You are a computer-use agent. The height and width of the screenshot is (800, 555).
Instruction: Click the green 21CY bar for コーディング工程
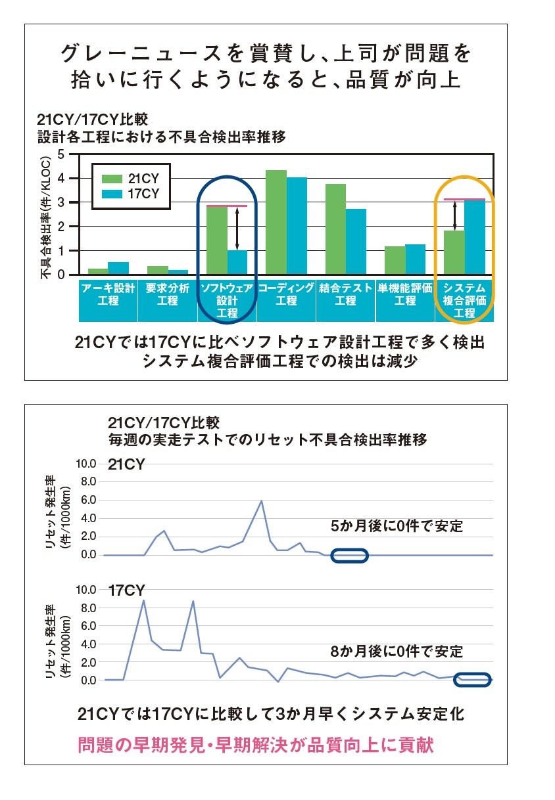276,222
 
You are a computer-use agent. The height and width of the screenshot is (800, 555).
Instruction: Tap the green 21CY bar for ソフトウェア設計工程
216,240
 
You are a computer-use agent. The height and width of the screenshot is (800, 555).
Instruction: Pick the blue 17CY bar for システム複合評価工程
474,237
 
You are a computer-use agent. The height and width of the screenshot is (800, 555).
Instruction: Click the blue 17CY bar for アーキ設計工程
118,268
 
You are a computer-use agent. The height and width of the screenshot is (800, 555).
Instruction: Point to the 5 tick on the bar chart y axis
61,154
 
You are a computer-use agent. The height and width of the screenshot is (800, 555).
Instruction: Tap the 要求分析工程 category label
168,294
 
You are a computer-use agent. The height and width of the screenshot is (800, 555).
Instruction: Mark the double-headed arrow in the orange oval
454,216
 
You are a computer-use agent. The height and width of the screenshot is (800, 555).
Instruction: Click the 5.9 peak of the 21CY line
262,501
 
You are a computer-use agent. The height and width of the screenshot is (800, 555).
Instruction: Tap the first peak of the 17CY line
143,600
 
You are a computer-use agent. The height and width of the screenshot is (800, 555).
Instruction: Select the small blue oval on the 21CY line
349,556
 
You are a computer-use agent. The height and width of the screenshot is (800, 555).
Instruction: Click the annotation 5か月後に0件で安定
397,526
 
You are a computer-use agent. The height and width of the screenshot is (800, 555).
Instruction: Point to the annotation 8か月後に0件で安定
397,652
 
